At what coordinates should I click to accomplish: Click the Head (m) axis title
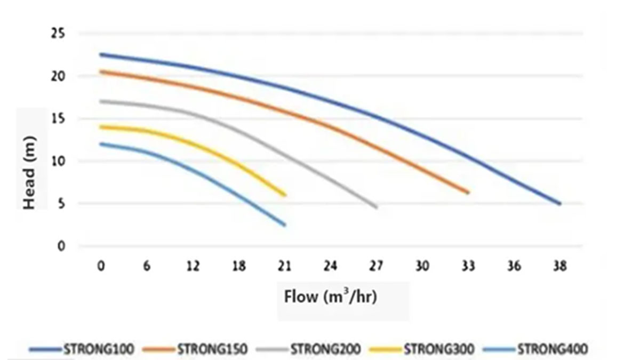pyautogui.click(x=30, y=160)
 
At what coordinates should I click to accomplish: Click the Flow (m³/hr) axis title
pyautogui.click(x=331, y=297)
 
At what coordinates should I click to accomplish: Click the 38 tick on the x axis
pyautogui.click(x=559, y=266)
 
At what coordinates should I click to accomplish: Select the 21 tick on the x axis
pyautogui.click(x=284, y=266)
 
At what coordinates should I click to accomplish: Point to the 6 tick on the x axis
pyautogui.click(x=146, y=266)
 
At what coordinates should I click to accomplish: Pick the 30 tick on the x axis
pyautogui.click(x=422, y=266)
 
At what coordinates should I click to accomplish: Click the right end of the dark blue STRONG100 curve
pyautogui.click(x=559, y=204)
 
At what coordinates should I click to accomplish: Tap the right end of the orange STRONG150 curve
pyautogui.click(x=468, y=193)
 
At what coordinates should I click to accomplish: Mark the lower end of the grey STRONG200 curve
pyautogui.click(x=376, y=207)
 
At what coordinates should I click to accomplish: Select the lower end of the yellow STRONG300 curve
pyautogui.click(x=285, y=195)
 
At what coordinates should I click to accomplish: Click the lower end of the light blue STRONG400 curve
pyautogui.click(x=284, y=225)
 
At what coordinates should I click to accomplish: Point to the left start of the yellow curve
pyautogui.click(x=101, y=127)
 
